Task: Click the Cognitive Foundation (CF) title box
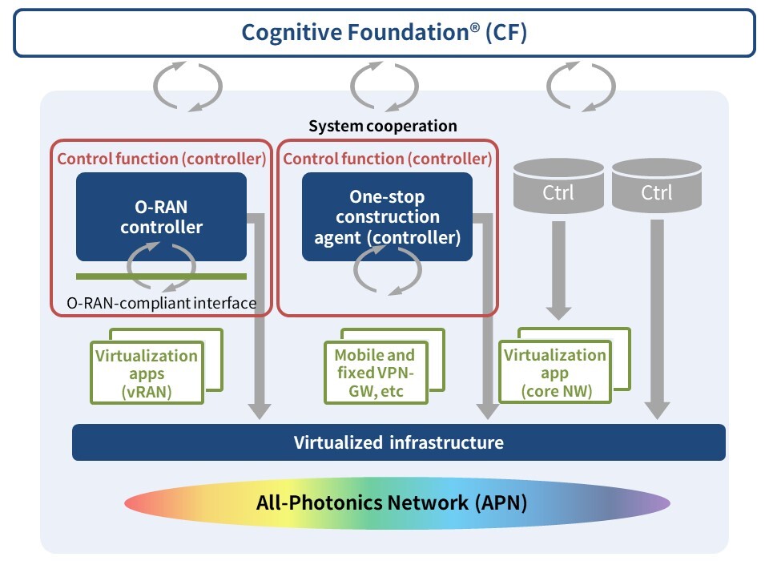pyautogui.click(x=384, y=33)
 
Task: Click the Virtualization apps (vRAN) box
pyautogui.click(x=146, y=373)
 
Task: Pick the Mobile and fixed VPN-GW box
pyautogui.click(x=375, y=373)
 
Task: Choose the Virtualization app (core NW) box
pyautogui.click(x=554, y=373)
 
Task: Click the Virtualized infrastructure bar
pyautogui.click(x=398, y=442)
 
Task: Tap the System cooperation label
pyautogui.click(x=383, y=126)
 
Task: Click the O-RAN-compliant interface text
pyautogui.click(x=160, y=303)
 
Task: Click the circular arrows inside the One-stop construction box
pyautogui.click(x=387, y=271)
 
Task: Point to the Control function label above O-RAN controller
pyautogui.click(x=161, y=159)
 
